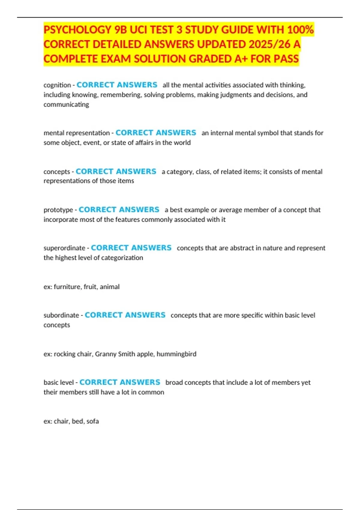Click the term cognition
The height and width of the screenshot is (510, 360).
click(57, 85)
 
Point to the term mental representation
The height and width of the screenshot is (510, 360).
click(76, 133)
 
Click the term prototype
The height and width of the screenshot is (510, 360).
click(58, 210)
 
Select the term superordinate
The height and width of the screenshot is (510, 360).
click(64, 248)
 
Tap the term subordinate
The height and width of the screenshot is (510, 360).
click(61, 315)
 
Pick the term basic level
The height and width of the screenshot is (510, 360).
click(58, 382)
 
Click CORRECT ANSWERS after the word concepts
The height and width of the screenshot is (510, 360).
click(116, 171)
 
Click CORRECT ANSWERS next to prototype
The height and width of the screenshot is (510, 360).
click(119, 209)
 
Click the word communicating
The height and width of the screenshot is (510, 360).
click(66, 104)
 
